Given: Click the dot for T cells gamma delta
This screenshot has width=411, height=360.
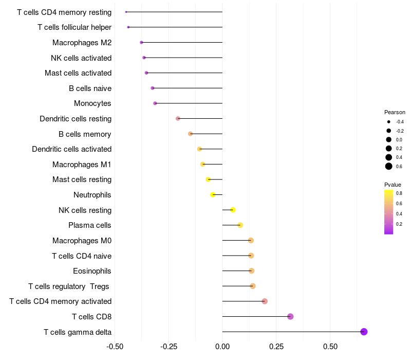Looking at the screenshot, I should [x=364, y=332].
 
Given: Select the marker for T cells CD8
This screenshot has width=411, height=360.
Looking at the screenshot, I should [x=290, y=316].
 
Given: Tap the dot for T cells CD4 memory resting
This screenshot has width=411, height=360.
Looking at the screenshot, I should [x=126, y=12].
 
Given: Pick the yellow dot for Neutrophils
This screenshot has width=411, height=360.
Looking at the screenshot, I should [x=213, y=194].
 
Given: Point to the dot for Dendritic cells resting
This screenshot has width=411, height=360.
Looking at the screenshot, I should [x=178, y=118].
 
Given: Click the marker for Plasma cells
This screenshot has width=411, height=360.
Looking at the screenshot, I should [x=240, y=225].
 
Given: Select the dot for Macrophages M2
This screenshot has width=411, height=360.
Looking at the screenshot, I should [x=141, y=42].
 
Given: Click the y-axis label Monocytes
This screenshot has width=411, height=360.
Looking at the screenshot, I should [x=92, y=103].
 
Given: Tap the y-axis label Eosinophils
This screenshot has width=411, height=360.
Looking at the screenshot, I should [x=92, y=271].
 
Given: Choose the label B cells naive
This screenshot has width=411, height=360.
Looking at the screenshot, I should [x=90, y=88].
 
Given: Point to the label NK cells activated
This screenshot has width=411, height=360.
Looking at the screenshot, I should [x=81, y=58].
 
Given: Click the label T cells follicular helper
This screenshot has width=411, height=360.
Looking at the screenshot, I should [x=74, y=27].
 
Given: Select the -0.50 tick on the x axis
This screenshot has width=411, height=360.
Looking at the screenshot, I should [x=115, y=347].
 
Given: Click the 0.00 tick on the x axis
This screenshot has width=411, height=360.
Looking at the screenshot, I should [x=222, y=347].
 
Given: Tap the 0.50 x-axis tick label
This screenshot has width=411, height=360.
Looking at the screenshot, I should [x=330, y=347].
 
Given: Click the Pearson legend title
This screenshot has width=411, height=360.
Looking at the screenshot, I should [x=395, y=112].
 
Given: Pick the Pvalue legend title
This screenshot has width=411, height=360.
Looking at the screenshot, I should [x=393, y=185].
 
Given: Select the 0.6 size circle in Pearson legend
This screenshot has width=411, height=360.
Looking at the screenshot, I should [x=389, y=166].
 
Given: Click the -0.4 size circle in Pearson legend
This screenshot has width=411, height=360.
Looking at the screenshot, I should [x=389, y=122].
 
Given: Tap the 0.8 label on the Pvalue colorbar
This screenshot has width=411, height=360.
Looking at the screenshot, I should [x=399, y=193].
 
